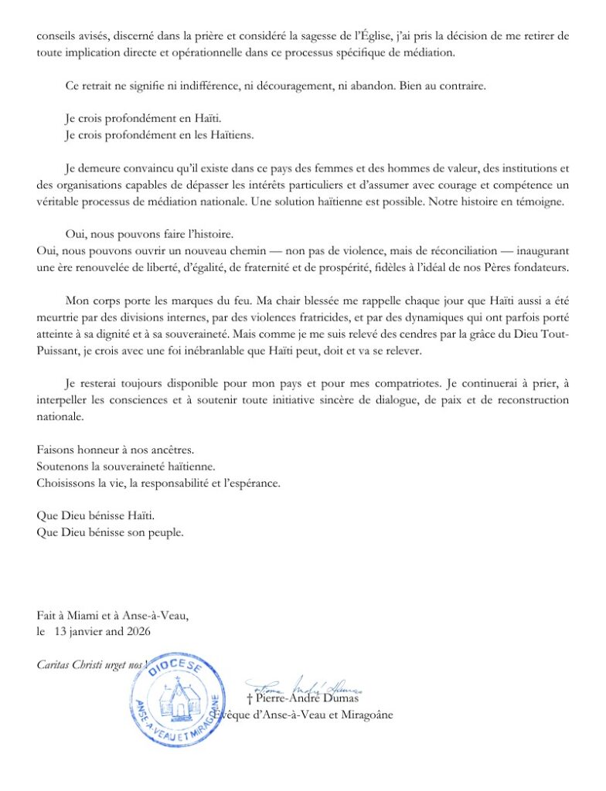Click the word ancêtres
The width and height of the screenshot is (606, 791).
point(167,450)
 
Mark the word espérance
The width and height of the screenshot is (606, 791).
point(250,484)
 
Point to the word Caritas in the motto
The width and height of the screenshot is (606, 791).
point(54,664)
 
